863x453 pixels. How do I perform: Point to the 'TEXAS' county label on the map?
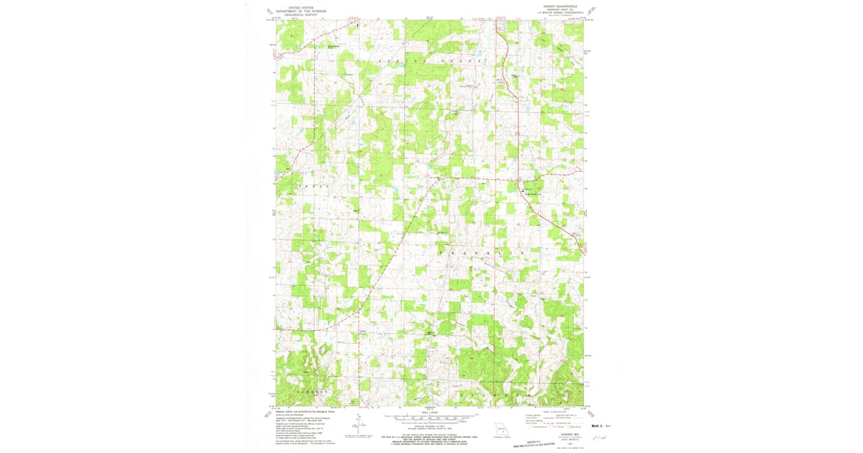[311, 186]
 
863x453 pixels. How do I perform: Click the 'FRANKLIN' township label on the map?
[467, 255]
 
